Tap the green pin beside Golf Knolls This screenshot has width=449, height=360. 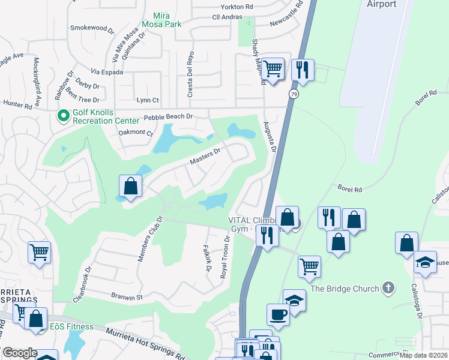pos(62,115)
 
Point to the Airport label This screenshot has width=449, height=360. pos(382,4)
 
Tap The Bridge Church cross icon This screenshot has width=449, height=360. pos(388,288)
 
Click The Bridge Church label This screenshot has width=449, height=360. pos(345,289)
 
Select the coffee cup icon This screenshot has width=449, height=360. pos(278,314)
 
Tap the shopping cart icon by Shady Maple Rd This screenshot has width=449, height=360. pos(273,68)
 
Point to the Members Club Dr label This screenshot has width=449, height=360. pos(151,239)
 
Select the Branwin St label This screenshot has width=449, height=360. pos(125,296)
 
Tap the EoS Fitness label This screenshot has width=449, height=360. pos(71,326)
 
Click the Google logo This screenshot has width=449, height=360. pos(20,353)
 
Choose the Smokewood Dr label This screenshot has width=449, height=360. pos(92,28)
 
